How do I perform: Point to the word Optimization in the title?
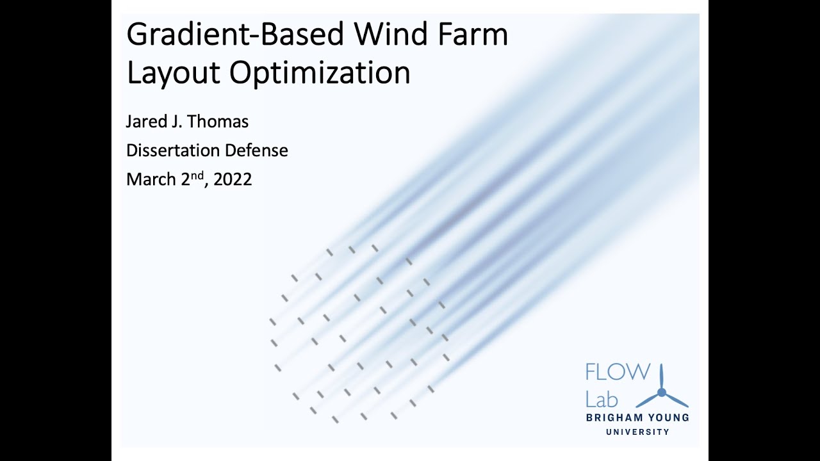pyautogui.click(x=320, y=72)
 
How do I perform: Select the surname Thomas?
pyautogui.click(x=218, y=121)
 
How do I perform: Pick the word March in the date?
pyautogui.click(x=151, y=180)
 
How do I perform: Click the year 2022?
pyautogui.click(x=233, y=180)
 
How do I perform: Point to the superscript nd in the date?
pyautogui.click(x=199, y=175)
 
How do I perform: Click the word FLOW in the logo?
pyautogui.click(x=617, y=373)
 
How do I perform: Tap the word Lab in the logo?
pyautogui.click(x=602, y=400)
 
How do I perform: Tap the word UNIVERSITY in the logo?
pyautogui.click(x=637, y=432)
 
